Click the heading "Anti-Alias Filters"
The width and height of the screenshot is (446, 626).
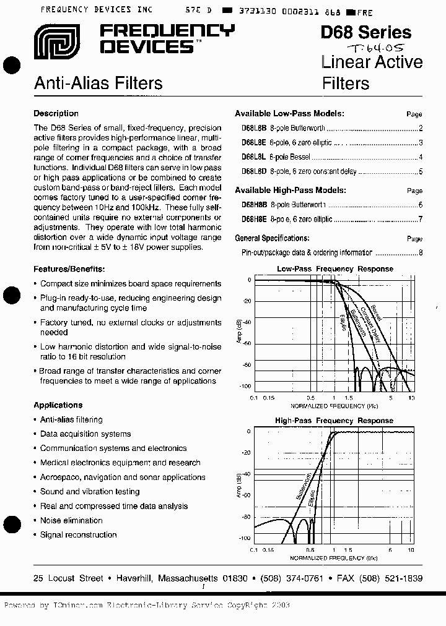[x=98, y=83]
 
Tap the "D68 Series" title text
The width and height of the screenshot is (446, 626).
[x=365, y=32]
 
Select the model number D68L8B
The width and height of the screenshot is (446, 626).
[x=254, y=129]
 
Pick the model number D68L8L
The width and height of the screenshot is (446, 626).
[x=254, y=157]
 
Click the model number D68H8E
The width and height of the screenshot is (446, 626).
[x=254, y=219]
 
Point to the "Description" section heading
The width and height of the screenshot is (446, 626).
[x=56, y=114]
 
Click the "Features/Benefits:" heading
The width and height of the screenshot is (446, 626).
[x=69, y=269]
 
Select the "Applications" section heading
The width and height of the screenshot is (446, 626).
[x=58, y=405]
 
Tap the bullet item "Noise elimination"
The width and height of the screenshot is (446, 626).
[x=71, y=520]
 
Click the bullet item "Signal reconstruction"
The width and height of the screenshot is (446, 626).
[x=78, y=534]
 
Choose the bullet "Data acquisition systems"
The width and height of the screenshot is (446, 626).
[x=85, y=434]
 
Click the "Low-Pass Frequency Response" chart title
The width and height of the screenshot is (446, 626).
[x=334, y=269]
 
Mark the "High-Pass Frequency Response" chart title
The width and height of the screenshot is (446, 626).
[x=334, y=421]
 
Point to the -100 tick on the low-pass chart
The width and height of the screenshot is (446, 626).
[x=245, y=386]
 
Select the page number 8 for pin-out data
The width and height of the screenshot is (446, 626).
[x=421, y=253]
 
